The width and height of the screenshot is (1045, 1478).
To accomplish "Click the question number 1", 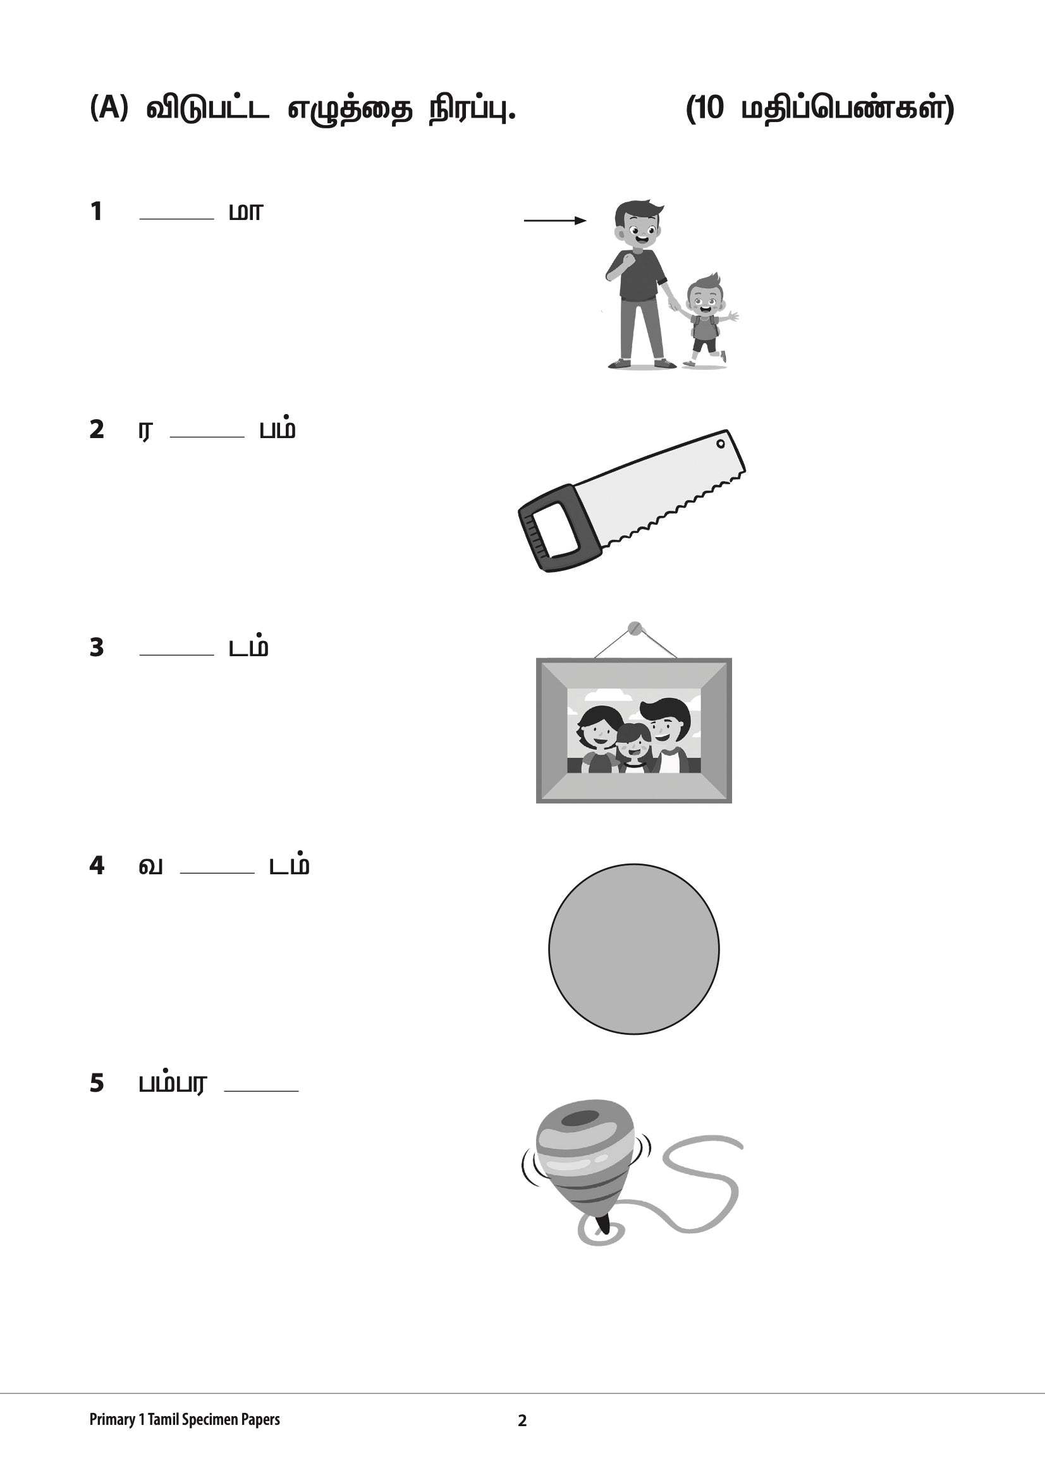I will click(96, 211).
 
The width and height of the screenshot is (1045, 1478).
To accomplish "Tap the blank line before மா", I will click(176, 217).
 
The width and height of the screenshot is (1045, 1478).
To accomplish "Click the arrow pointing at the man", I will click(554, 221).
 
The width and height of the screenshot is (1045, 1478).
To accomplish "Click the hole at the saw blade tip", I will click(721, 444).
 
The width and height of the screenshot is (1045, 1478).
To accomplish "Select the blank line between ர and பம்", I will click(207, 436).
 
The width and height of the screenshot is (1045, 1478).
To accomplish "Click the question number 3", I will click(97, 647).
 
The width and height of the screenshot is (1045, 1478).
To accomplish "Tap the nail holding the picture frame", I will click(635, 627).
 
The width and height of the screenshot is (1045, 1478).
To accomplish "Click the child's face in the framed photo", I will click(633, 743).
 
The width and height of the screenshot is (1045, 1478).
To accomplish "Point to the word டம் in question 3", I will click(248, 647).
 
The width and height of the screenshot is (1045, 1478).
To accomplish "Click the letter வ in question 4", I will click(150, 866).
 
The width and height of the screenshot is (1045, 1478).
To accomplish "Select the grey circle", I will click(633, 949).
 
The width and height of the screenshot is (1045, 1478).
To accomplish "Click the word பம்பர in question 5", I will click(173, 1084).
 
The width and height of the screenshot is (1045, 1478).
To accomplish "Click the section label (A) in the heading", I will click(109, 107).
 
